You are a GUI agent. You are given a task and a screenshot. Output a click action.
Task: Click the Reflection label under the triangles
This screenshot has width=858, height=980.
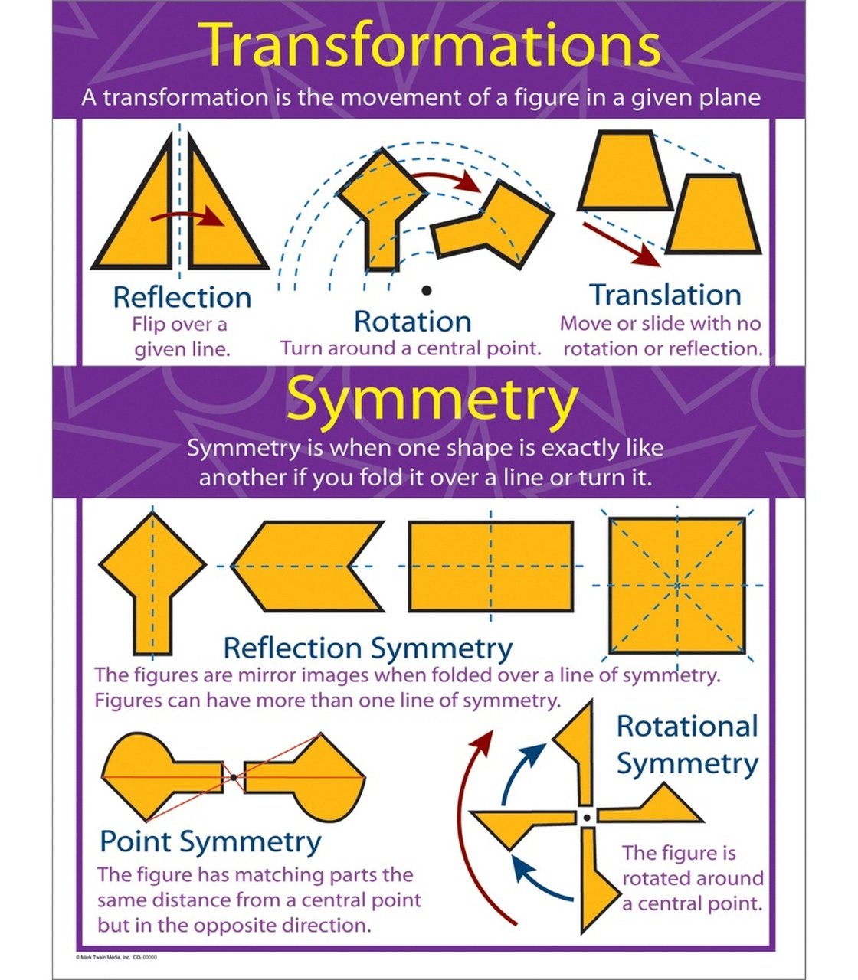[182, 297]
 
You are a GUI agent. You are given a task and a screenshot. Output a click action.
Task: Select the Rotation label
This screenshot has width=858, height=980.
[412, 321]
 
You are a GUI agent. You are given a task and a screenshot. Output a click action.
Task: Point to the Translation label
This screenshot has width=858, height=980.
[665, 295]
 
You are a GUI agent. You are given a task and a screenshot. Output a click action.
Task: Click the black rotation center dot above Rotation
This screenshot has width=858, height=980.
[426, 289]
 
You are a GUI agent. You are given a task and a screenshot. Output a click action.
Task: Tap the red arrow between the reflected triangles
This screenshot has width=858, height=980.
[188, 216]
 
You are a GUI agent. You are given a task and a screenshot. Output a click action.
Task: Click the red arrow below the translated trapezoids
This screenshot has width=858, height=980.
[621, 243]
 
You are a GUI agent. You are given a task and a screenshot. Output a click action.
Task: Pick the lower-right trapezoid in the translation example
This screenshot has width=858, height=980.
[712, 216]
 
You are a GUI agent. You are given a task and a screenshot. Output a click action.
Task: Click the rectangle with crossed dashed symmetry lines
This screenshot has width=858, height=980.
[490, 567]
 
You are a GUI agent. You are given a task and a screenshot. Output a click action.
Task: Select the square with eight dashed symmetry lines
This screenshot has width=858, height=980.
[676, 586]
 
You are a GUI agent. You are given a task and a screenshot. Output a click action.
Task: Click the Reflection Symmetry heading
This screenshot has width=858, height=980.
[368, 648]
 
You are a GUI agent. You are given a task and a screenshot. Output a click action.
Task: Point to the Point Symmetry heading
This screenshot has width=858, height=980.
[211, 841]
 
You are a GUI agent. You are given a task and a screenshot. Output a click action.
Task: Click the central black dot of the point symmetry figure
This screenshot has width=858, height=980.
[233, 777]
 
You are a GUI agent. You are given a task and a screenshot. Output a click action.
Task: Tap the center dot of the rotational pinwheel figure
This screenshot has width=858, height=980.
[587, 818]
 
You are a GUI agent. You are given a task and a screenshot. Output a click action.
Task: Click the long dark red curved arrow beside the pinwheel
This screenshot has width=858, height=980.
[470, 827]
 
